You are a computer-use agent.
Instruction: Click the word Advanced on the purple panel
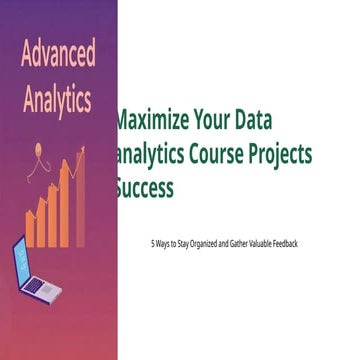coord(59,51)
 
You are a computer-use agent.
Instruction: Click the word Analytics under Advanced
coord(59,100)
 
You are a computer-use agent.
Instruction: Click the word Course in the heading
coord(218,154)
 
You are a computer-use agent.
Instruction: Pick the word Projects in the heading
coord(281,154)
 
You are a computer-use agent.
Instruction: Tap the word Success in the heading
coord(145,186)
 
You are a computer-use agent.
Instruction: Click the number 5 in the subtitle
coord(151,243)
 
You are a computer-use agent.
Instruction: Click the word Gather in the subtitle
coord(236,243)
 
